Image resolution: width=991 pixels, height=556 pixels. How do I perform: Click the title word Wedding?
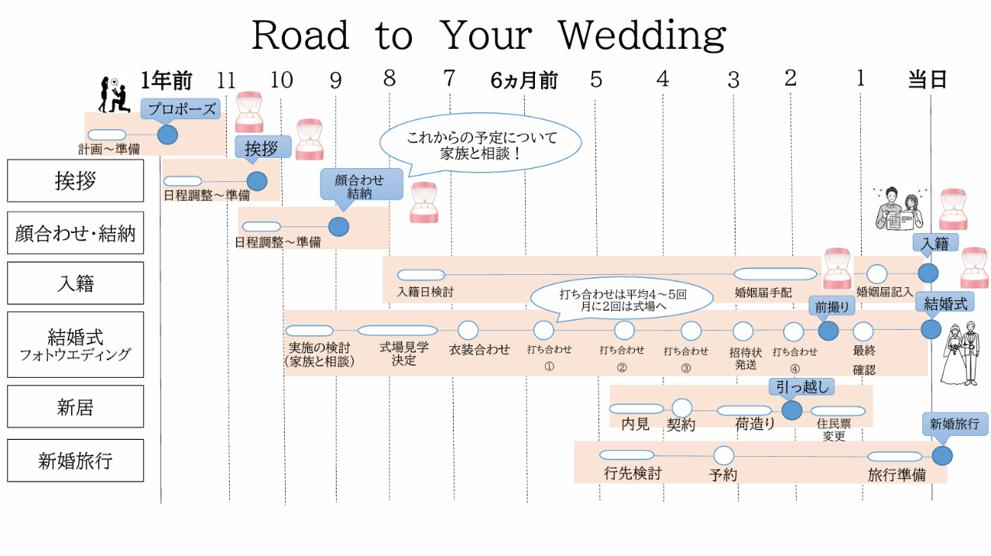click(x=643, y=36)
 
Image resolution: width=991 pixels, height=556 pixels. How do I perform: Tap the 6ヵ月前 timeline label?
click(x=524, y=81)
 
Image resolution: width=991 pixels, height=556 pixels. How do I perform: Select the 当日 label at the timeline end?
click(x=928, y=80)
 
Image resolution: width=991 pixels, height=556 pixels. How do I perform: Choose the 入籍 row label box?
click(x=75, y=283)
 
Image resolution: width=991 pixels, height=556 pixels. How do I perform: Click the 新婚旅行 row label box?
click(x=75, y=461)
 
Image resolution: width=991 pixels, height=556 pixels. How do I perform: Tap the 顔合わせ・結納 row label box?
click(x=75, y=233)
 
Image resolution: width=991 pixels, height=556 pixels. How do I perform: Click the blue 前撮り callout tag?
click(x=832, y=307)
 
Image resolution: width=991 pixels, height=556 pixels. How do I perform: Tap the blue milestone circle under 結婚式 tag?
click(x=931, y=329)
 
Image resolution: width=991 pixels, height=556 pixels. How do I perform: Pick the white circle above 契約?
click(x=682, y=408)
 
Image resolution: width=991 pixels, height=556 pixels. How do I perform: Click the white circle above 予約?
click(x=724, y=455)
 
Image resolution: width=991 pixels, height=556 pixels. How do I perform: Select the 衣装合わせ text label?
click(x=479, y=349)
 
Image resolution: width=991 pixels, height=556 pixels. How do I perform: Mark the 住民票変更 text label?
click(x=834, y=430)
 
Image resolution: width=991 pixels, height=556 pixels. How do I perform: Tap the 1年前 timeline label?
click(x=166, y=81)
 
